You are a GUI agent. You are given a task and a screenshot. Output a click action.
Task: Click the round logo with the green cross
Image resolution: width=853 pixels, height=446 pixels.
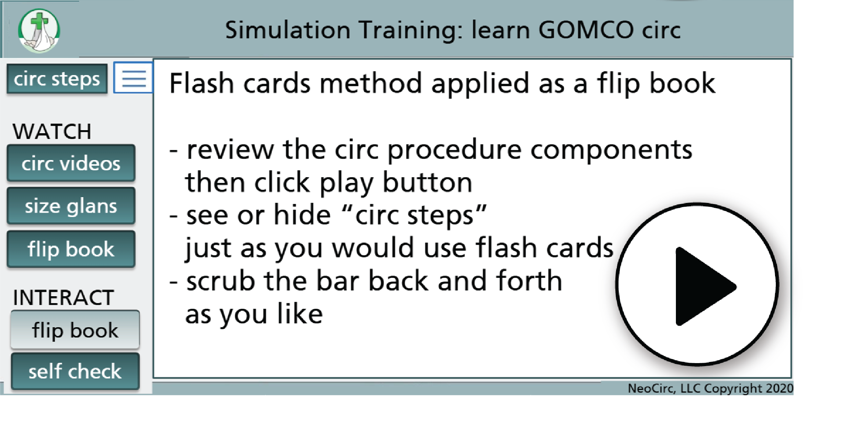(x=39, y=30)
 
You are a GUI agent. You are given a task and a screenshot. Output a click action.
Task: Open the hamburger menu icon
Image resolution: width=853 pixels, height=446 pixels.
(x=134, y=78)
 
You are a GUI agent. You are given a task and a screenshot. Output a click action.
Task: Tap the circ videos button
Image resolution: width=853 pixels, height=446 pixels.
(x=71, y=163)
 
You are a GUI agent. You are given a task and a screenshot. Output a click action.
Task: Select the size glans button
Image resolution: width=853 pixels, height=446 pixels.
(x=71, y=206)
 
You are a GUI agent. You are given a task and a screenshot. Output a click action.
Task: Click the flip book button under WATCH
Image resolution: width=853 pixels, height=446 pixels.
(x=71, y=249)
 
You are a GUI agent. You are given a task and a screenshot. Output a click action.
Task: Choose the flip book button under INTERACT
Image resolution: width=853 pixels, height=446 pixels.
(x=75, y=330)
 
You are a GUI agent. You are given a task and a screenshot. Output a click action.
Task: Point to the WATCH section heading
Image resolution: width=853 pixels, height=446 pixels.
(x=52, y=131)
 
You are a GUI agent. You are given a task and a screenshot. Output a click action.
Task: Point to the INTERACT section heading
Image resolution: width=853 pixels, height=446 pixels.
(x=63, y=297)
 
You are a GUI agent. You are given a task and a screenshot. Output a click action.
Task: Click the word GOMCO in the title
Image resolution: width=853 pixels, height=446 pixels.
(x=586, y=30)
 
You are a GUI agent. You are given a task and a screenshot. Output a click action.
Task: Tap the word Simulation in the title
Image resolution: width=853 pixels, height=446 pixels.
(x=288, y=30)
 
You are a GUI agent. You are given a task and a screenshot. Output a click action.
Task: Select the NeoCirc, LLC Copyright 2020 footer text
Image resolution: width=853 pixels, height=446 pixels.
(x=710, y=388)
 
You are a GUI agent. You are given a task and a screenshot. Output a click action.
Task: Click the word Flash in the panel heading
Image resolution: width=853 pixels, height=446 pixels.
(x=201, y=83)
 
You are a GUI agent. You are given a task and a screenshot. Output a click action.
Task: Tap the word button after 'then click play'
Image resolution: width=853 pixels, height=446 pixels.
(x=427, y=182)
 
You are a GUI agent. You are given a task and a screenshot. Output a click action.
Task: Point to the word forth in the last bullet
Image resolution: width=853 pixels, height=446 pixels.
(x=529, y=281)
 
